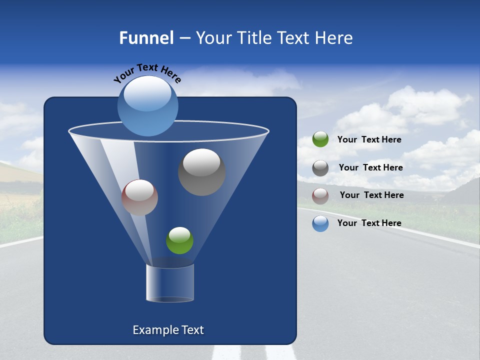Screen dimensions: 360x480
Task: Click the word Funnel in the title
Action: pos(146,38)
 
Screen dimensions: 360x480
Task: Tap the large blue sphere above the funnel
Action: pos(148,106)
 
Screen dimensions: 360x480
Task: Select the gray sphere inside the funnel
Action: pos(201,172)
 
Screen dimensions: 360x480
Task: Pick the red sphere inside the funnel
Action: pos(139,197)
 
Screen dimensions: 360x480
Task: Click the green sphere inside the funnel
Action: pos(179,240)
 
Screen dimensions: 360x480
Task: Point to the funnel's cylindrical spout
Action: pos(170,283)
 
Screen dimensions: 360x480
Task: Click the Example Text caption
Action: pos(168,330)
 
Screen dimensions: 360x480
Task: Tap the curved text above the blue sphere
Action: pos(147,72)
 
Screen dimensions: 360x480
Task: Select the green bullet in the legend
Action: pos(320,139)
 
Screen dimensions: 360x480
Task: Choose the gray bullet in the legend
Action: pos(320,167)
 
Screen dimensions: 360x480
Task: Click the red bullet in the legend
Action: pos(320,195)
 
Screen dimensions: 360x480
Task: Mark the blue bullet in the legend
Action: pos(320,223)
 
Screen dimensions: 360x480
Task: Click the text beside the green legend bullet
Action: pos(369,140)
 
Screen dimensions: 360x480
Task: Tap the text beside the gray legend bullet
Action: pos(370,167)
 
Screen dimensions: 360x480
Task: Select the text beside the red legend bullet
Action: pos(371,195)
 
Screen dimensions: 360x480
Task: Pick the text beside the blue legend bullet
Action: pos(369,223)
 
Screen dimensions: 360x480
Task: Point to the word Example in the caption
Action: pos(152,330)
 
